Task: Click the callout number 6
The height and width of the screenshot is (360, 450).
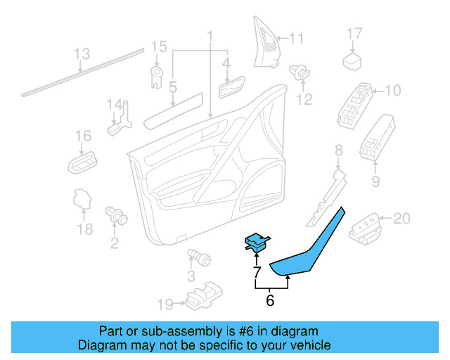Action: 270,301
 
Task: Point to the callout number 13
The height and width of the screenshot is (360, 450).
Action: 82,53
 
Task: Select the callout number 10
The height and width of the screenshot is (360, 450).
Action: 392,90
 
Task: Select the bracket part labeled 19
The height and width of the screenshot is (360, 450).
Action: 202,295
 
